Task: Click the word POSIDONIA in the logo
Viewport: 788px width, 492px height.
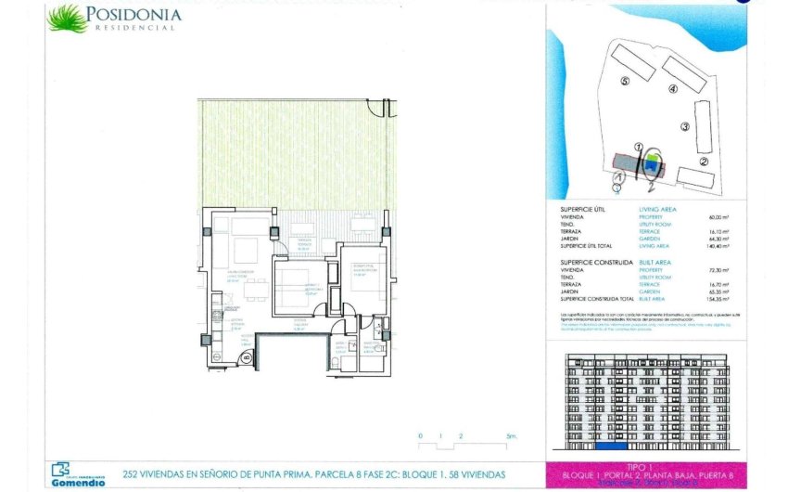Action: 134,14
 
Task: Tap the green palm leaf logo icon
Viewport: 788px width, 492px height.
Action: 67,18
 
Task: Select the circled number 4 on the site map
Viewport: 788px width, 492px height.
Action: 671,89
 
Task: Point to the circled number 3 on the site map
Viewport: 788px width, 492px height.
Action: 684,127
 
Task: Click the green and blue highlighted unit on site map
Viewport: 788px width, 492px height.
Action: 653,165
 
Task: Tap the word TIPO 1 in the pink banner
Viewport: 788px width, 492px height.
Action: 641,469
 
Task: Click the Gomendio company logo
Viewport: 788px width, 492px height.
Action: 75,473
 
